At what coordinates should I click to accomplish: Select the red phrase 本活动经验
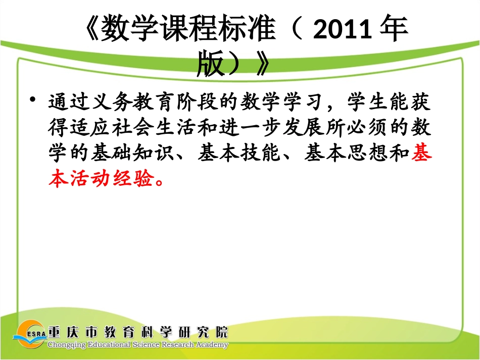point(101,179)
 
